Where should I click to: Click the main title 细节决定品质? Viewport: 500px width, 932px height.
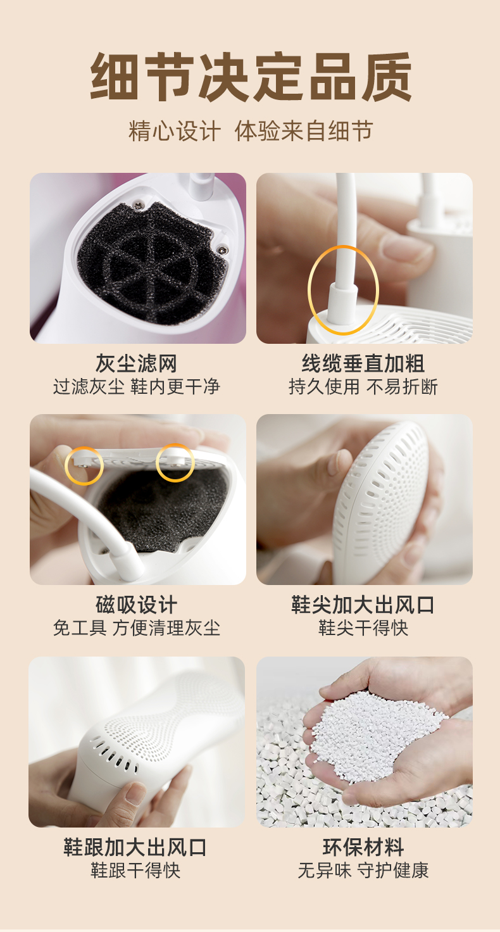pos(251,77)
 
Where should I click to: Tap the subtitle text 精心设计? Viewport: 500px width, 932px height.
pos(175,131)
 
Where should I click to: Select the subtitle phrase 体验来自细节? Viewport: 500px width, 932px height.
pos(304,131)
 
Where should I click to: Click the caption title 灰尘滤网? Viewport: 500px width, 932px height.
pos(137,363)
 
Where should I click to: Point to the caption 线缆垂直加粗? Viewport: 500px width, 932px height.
pos(363,363)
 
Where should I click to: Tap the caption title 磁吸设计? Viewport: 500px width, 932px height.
pos(137,605)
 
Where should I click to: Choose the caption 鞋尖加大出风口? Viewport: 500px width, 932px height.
pos(363,605)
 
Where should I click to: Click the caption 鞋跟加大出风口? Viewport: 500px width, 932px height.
pos(135,847)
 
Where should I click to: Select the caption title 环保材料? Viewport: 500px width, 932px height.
pos(363,847)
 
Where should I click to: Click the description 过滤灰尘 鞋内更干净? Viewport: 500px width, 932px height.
pos(137,386)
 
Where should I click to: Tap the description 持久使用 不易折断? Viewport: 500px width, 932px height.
pos(363,386)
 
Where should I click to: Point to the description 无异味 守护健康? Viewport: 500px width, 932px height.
pos(363,870)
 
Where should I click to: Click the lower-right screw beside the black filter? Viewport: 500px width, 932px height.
pos(223,249)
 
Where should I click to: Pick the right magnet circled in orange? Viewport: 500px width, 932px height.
pos(175,463)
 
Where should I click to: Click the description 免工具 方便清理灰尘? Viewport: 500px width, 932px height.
pos(137,628)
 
